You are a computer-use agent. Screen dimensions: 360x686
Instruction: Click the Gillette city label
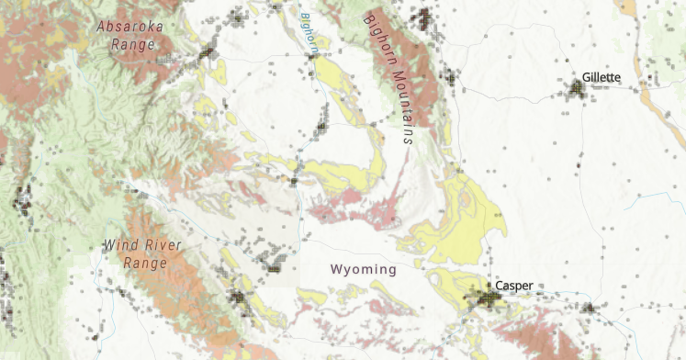602,77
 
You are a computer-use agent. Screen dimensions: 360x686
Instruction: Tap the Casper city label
514,286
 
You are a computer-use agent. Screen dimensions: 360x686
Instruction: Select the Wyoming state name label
364,269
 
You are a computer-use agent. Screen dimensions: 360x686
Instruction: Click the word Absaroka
130,27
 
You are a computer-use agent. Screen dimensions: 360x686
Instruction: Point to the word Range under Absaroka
131,44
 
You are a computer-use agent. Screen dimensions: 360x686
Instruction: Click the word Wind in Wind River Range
119,245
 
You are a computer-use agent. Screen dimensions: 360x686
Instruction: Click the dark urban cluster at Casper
484,298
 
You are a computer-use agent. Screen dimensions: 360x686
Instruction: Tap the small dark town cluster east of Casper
588,308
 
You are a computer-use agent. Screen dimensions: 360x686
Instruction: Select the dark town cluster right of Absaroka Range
208,52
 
